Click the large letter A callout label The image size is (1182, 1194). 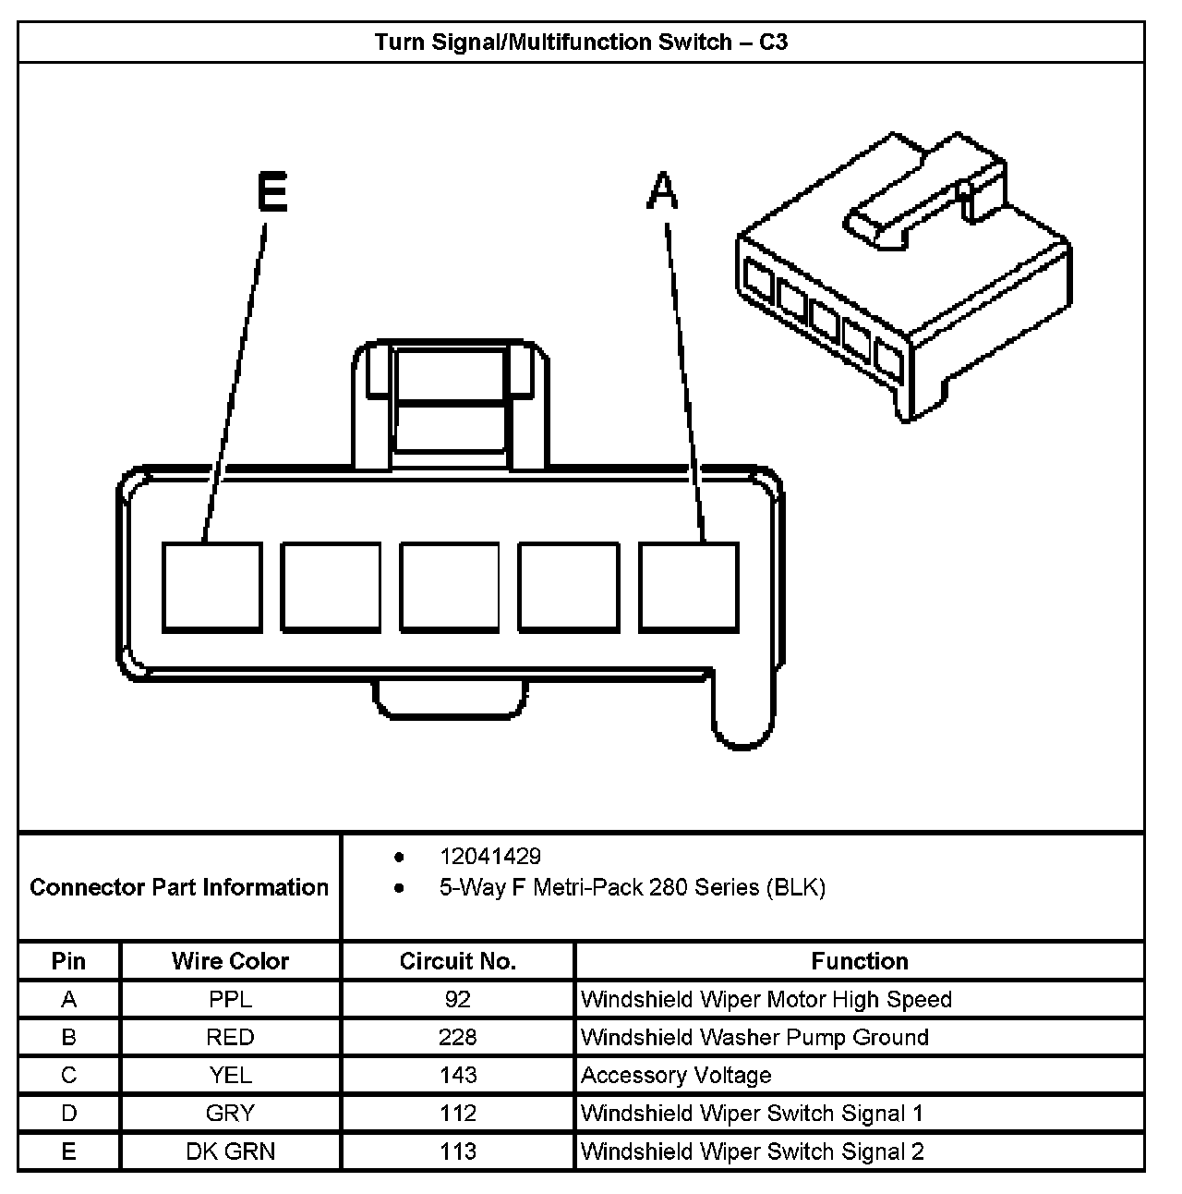pyautogui.click(x=662, y=193)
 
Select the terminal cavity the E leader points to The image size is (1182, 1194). pyautogui.click(x=211, y=587)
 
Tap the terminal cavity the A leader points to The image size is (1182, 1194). pyautogui.click(x=689, y=587)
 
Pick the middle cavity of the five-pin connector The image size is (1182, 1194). pyautogui.click(x=450, y=587)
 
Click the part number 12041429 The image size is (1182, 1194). pyautogui.click(x=490, y=857)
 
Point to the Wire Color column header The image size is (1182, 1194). pyautogui.click(x=230, y=961)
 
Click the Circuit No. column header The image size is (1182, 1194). pyautogui.click(x=457, y=961)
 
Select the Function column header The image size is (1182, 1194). pyautogui.click(x=859, y=961)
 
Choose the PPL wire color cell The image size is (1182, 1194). pyautogui.click(x=230, y=999)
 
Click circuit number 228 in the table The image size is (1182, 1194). pyautogui.click(x=457, y=1037)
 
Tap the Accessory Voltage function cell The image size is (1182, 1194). pyautogui.click(x=676, y=1076)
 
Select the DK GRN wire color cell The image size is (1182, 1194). pyautogui.click(x=230, y=1151)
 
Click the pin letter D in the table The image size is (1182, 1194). pyautogui.click(x=68, y=1114)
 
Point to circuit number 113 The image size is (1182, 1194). pyautogui.click(x=457, y=1151)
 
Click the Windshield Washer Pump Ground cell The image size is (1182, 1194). pyautogui.click(x=754, y=1037)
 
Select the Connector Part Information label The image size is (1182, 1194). pyautogui.click(x=179, y=887)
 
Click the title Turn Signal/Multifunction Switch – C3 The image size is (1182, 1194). pyautogui.click(x=581, y=43)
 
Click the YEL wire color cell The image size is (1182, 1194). pyautogui.click(x=230, y=1076)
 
